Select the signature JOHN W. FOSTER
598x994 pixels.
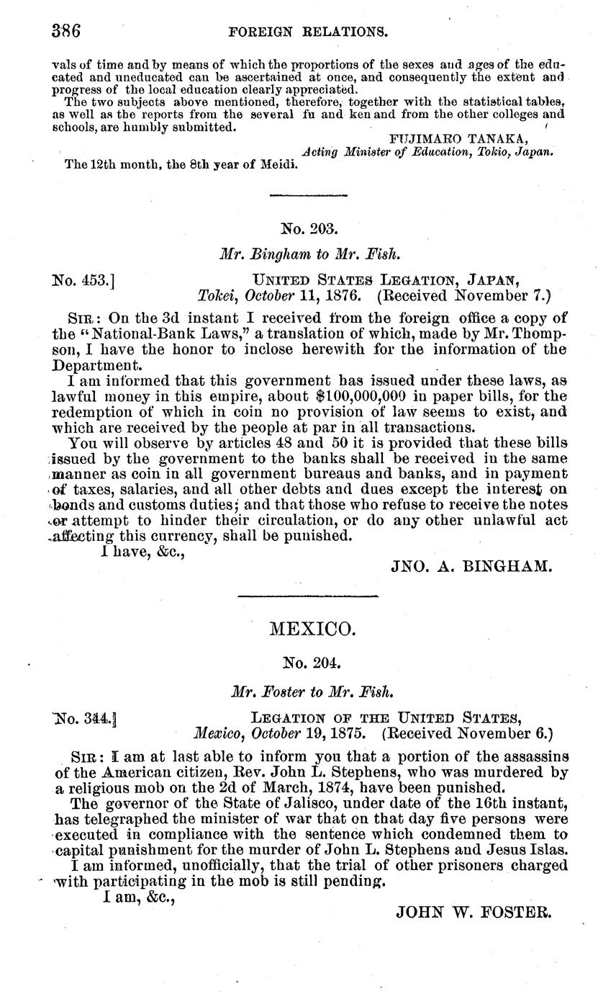point(474,910)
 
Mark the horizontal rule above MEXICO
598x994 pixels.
point(307,596)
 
